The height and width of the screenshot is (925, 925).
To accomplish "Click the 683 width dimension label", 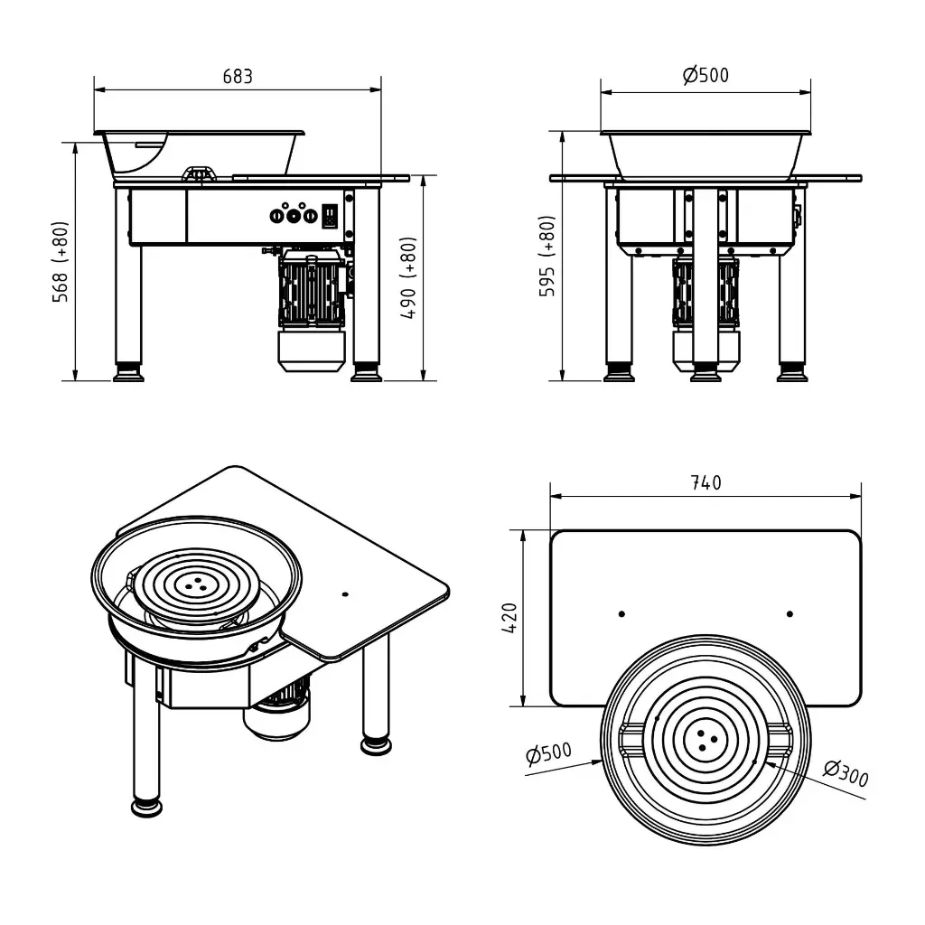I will pos(238,77).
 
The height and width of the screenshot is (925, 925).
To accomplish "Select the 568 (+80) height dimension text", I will pos(61,262).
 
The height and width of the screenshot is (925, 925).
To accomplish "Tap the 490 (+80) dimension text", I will pos(408,280).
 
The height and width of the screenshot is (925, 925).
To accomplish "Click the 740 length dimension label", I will pos(705,483).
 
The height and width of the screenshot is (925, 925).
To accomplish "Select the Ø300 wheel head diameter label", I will pos(846,773).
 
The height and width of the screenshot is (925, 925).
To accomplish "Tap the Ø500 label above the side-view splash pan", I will pos(705,75).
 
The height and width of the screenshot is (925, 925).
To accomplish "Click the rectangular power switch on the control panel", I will pos(331,216).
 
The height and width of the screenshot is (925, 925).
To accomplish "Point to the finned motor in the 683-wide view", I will pos(311,291).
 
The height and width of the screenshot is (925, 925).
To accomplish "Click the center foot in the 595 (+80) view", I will pos(705,373).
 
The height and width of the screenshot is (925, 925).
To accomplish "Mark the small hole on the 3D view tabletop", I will pos(345,594).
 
